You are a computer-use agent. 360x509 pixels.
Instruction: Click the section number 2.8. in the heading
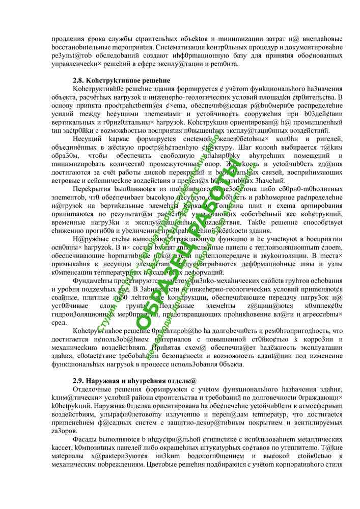click(x=79, y=80)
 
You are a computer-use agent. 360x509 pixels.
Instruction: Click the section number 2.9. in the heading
click(x=79, y=380)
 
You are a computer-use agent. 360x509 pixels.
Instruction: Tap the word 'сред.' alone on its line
click(x=60, y=322)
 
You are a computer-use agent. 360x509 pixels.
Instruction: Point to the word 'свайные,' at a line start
click(x=66, y=297)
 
